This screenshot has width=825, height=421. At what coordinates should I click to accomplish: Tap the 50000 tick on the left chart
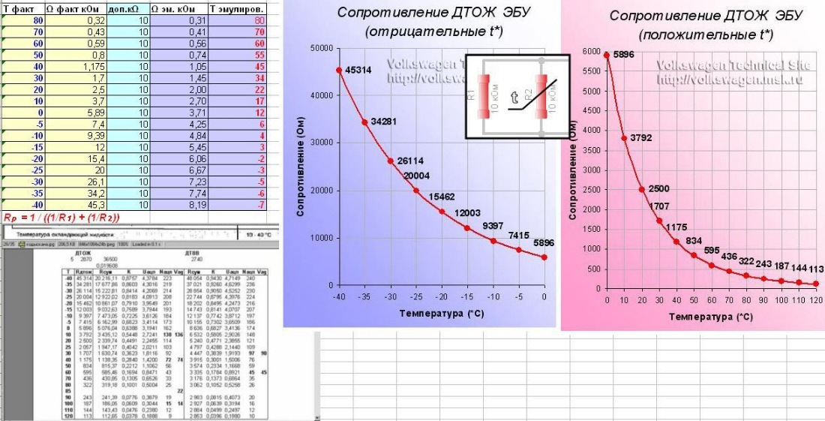click(x=322, y=48)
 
